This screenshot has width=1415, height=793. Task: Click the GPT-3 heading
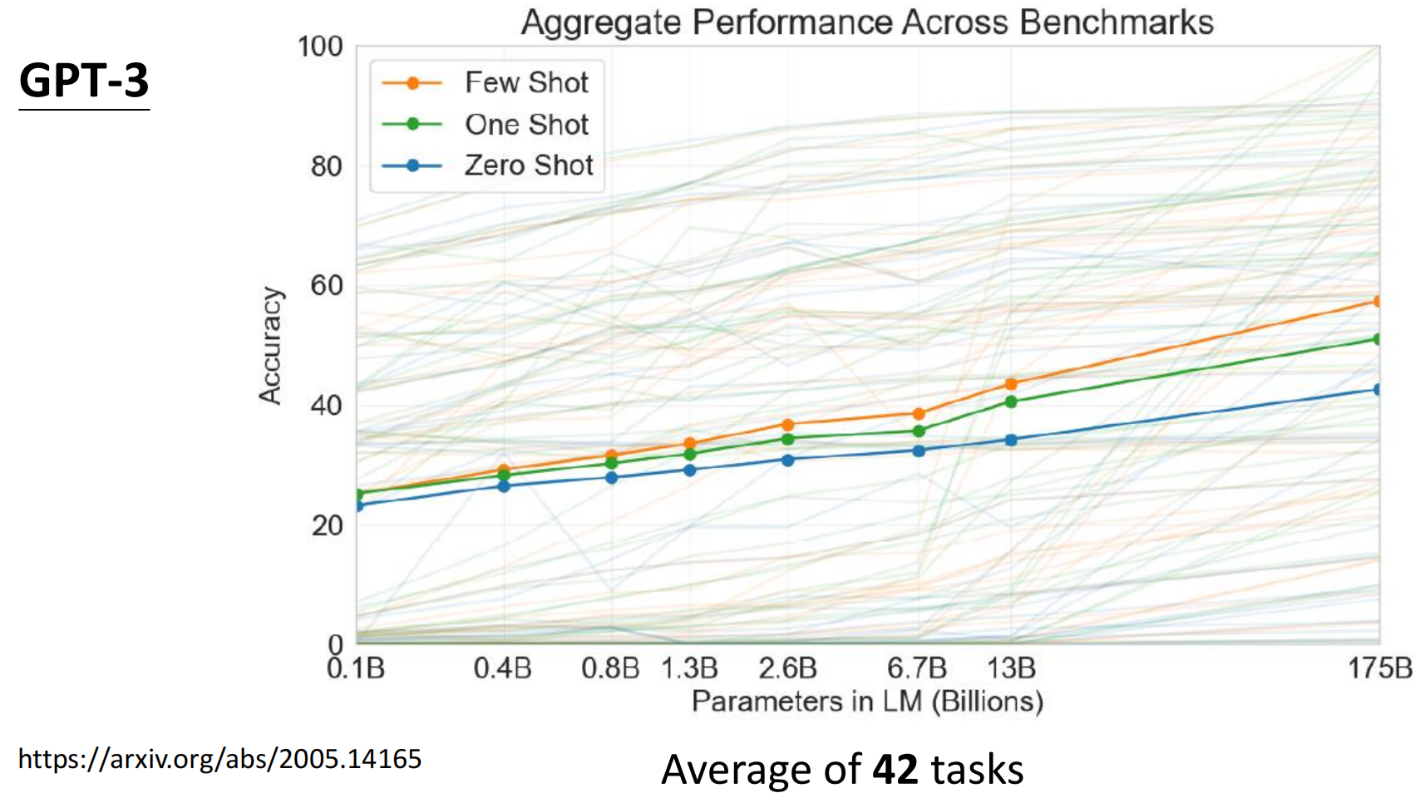[84, 81]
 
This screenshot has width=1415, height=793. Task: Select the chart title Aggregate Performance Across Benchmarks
[867, 22]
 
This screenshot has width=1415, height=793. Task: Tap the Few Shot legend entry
[525, 82]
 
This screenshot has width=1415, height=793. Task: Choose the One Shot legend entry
[525, 124]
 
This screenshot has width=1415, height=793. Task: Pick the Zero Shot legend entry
[528, 165]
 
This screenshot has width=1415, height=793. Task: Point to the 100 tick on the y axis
[320, 47]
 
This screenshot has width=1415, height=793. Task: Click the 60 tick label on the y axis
[327, 286]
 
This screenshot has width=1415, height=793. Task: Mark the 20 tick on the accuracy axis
[327, 525]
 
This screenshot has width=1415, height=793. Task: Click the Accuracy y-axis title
[270, 346]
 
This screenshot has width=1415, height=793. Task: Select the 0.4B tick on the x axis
[502, 668]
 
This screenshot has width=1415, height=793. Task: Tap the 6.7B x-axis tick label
[917, 668]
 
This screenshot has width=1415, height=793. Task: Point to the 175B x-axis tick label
[1379, 668]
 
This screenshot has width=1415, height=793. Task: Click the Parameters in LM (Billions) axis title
[867, 702]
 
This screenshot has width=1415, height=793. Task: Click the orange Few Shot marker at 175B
[1378, 301]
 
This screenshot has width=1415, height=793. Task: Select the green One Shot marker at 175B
[1378, 339]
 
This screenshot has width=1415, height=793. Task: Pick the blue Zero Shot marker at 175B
[1378, 389]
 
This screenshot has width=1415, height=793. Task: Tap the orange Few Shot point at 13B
[1011, 384]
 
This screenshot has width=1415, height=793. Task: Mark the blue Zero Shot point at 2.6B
[788, 460]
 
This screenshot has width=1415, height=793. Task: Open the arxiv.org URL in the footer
[219, 759]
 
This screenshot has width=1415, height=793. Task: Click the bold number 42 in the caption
[895, 769]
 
